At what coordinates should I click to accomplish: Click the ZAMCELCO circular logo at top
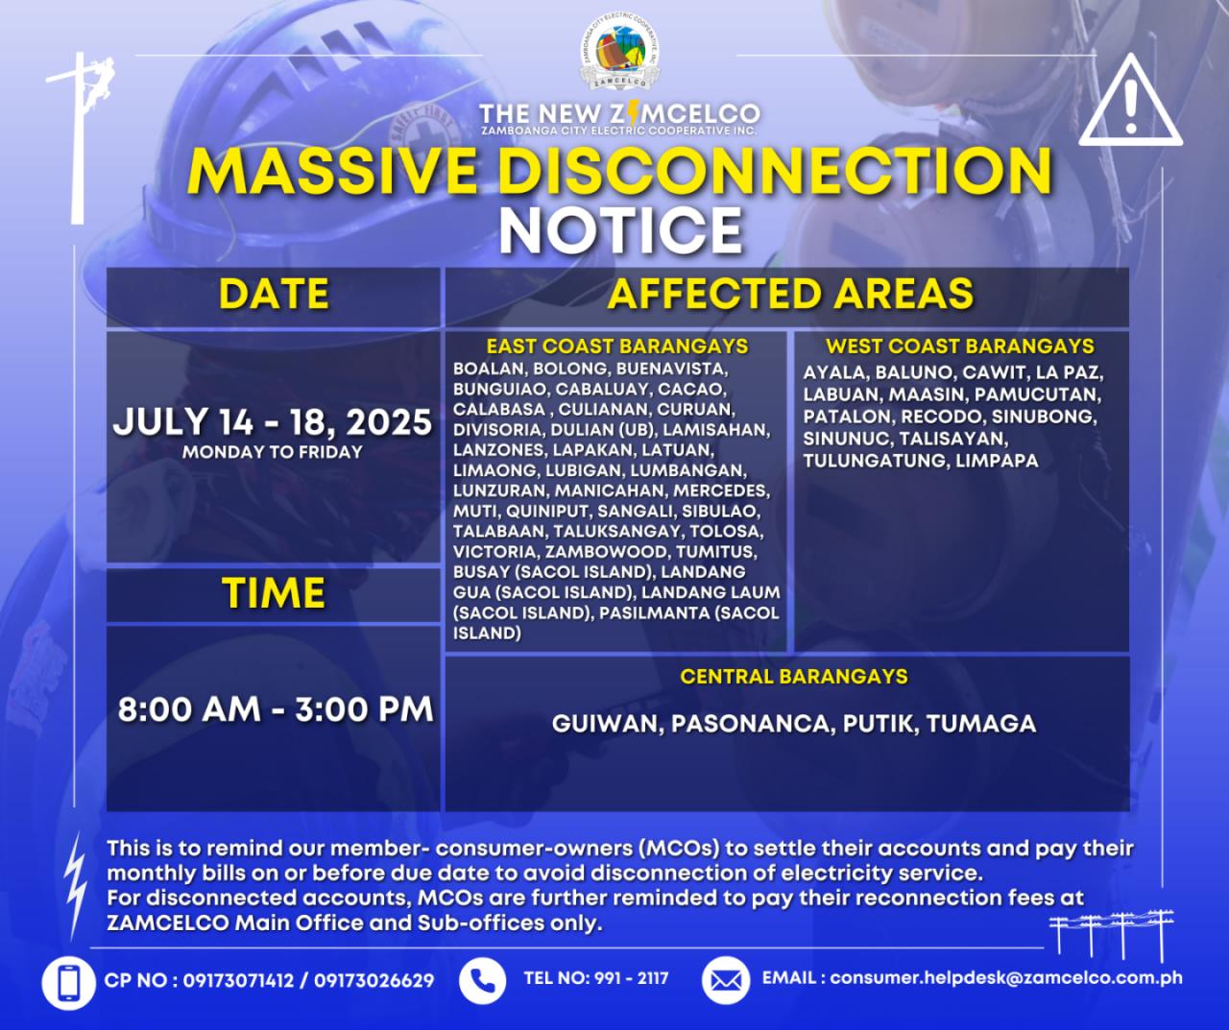click(619, 53)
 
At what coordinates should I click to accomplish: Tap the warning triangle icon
click(1130, 100)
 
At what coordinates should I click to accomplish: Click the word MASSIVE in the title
click(332, 171)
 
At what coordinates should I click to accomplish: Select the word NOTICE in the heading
click(620, 231)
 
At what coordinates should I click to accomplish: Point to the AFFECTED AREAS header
click(790, 294)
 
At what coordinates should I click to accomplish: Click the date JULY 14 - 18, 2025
click(273, 422)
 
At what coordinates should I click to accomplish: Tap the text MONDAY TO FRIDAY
click(273, 452)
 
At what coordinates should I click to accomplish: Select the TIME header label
click(274, 592)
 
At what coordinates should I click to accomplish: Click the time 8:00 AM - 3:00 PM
click(276, 708)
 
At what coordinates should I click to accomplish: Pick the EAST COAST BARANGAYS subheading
click(616, 347)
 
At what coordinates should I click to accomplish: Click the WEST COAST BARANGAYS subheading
click(960, 347)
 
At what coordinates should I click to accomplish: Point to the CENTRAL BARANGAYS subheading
click(794, 677)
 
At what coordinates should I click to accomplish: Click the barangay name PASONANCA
click(753, 724)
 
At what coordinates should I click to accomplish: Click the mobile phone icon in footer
click(68, 979)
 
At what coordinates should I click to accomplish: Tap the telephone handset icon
click(482, 979)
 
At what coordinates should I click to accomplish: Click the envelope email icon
click(725, 979)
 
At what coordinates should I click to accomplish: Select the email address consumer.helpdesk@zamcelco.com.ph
click(1006, 977)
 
